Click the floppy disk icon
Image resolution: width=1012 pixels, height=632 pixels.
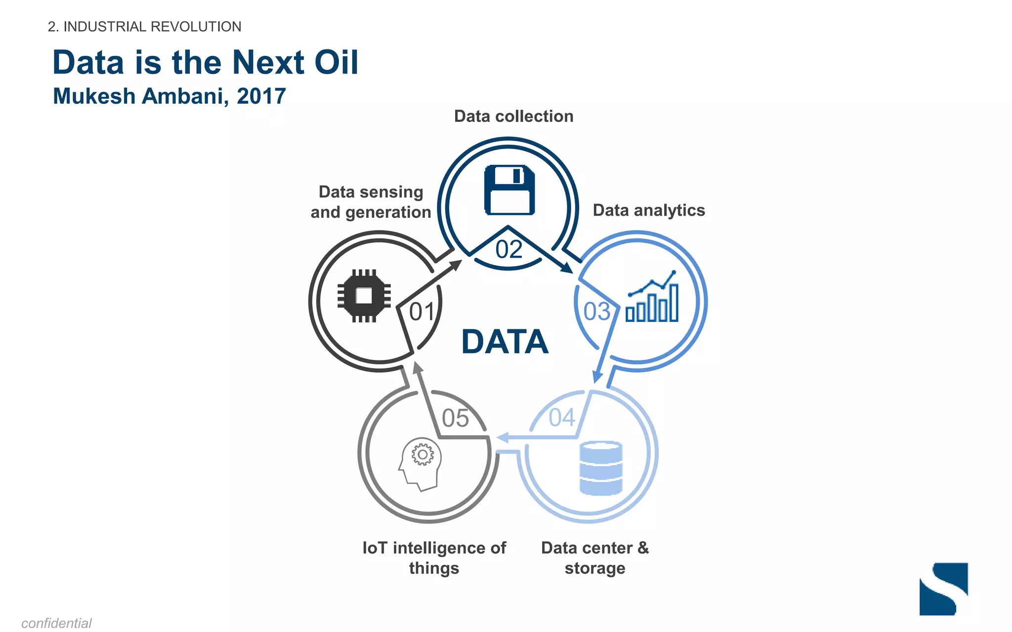pos(509,190)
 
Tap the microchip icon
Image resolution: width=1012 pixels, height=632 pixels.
pos(364,296)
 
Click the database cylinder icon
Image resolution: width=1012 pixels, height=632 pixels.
pos(601,468)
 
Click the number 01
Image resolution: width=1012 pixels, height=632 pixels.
pos(422,312)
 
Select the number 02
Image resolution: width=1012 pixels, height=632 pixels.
pos(509,250)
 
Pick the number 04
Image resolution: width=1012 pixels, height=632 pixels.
pos(562,418)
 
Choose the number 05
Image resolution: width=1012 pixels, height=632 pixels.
pos(455,418)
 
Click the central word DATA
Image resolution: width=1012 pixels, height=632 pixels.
pos(505,342)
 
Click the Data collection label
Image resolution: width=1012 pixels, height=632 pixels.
pos(513,117)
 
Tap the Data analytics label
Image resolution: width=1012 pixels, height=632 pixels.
pos(648,210)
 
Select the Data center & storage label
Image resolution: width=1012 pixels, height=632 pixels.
pos(595,558)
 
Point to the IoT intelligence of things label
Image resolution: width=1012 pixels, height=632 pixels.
pos(434,558)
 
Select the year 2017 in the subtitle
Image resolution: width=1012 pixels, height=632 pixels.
pos(261,96)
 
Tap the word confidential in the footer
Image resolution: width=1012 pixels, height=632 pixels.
pos(56,623)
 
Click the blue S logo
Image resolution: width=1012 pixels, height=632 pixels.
pos(943,589)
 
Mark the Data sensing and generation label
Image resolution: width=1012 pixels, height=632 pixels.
pos(371,202)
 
